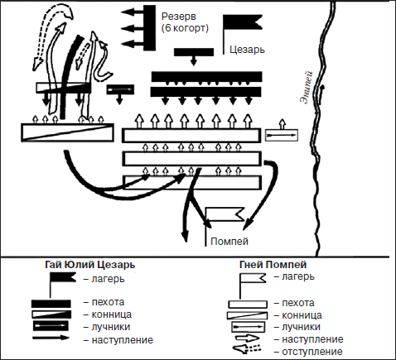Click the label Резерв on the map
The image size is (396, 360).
click(179, 17)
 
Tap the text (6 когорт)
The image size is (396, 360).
click(185, 28)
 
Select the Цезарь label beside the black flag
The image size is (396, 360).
click(247, 50)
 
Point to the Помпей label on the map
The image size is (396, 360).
click(229, 242)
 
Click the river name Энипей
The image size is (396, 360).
click(307, 87)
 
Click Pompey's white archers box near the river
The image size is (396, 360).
click(282, 135)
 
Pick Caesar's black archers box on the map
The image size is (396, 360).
click(120, 89)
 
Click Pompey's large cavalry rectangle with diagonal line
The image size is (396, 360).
click(67, 132)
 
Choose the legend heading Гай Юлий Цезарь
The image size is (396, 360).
click(90, 265)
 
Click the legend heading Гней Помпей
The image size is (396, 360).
click(273, 265)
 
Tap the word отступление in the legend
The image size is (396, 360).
click(312, 352)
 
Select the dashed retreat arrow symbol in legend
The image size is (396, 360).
click(246, 348)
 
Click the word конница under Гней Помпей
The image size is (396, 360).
click(302, 315)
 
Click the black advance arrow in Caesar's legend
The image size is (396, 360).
click(51, 338)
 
